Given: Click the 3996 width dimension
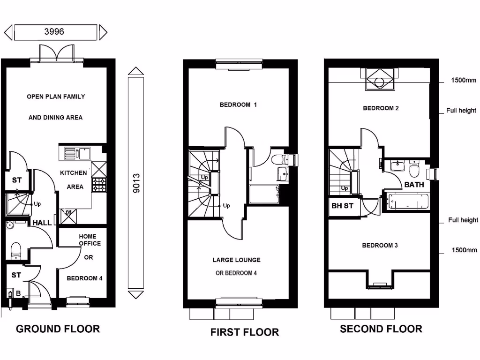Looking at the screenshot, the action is click(x=54, y=31).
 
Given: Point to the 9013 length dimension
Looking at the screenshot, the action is click(x=136, y=183).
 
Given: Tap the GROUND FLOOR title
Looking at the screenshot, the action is click(x=58, y=329).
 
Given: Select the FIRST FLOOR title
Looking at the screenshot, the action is click(x=245, y=332).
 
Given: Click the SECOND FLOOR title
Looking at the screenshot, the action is click(x=381, y=329).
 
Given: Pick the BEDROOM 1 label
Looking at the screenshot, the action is click(x=238, y=105).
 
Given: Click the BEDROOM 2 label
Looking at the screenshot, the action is click(x=381, y=108).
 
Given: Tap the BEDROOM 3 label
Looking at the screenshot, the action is click(x=380, y=245).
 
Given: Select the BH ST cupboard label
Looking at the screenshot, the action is click(x=342, y=206).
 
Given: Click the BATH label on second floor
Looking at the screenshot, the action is click(x=414, y=185).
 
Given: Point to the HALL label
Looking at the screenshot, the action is click(x=42, y=223).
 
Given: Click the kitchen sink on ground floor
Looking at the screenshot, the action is click(x=77, y=154).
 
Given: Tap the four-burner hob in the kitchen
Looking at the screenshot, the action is click(x=99, y=185).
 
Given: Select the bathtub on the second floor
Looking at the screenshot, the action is click(x=407, y=201).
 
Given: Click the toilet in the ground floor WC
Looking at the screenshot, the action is click(x=15, y=250).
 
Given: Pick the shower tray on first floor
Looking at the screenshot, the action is click(x=264, y=194).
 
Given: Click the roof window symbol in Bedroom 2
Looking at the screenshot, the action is click(x=379, y=79).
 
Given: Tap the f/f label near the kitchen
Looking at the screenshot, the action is click(x=68, y=212).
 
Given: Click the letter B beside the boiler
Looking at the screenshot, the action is click(x=18, y=293).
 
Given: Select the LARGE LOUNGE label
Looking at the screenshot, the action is click(x=237, y=260).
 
